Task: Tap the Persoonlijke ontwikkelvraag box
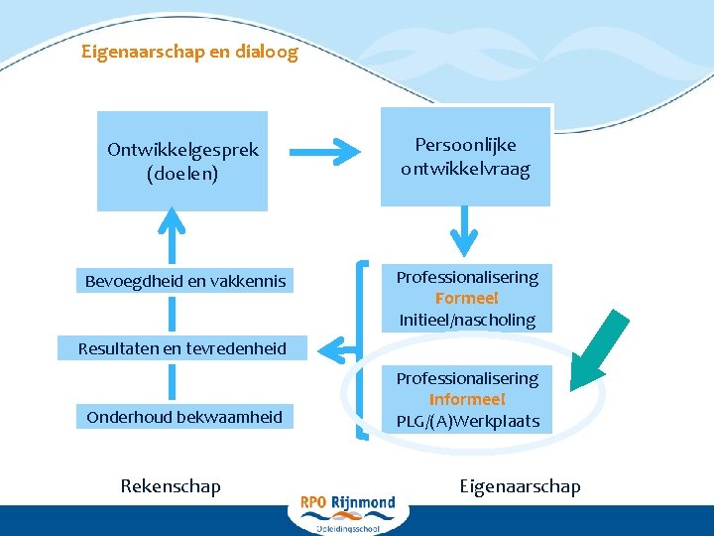[x=465, y=157]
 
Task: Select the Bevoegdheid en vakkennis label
[x=184, y=281]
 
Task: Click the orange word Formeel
[x=466, y=298]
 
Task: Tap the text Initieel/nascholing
[x=466, y=320]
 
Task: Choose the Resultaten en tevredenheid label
[x=184, y=347]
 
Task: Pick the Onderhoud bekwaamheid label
[x=184, y=417]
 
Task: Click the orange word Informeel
[x=467, y=399]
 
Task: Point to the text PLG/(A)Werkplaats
[x=467, y=421]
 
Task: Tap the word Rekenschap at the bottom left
[x=171, y=485]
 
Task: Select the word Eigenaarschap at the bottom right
[x=521, y=485]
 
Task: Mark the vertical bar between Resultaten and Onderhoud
[x=174, y=382]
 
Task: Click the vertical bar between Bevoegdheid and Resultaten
[x=174, y=315]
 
